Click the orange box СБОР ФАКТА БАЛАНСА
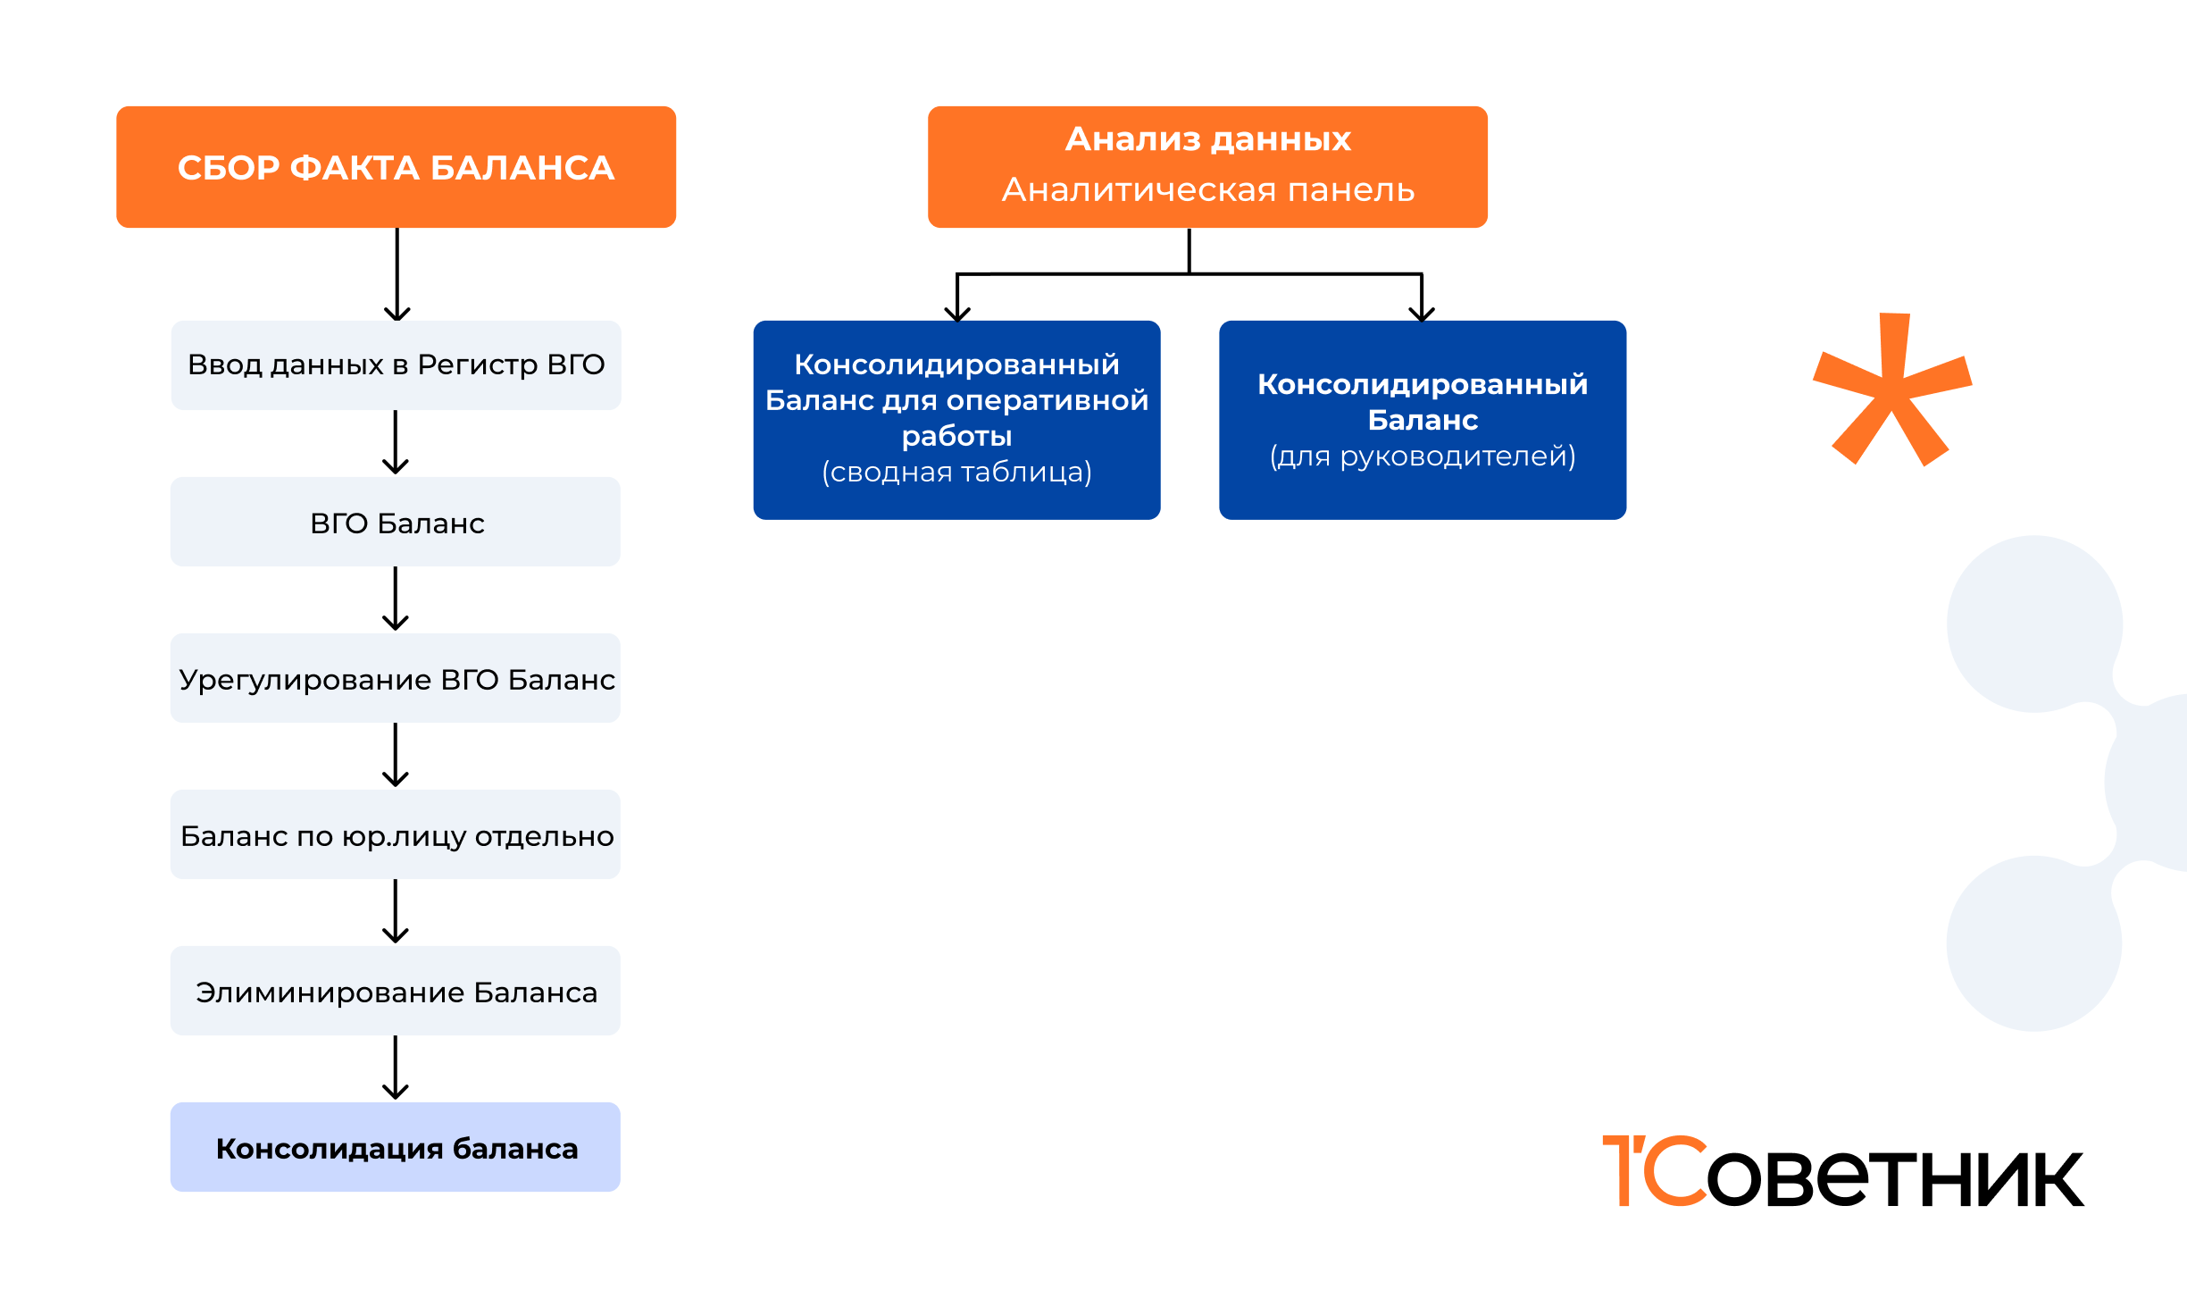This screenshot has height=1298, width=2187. click(396, 167)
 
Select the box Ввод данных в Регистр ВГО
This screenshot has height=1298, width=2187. click(396, 364)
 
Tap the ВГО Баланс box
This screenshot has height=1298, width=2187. click(396, 522)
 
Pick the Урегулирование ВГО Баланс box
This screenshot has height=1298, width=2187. click(396, 679)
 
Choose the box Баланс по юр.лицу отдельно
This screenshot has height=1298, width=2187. click(396, 835)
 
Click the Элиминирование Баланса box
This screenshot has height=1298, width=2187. click(396, 992)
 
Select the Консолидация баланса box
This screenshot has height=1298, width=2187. click(396, 1148)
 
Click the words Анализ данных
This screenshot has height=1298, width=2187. click(1207, 139)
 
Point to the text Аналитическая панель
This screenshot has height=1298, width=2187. click(1207, 190)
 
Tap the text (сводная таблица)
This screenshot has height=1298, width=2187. click(956, 472)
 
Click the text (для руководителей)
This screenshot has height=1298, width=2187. click(1423, 456)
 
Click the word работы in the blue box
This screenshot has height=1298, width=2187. click(956, 436)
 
